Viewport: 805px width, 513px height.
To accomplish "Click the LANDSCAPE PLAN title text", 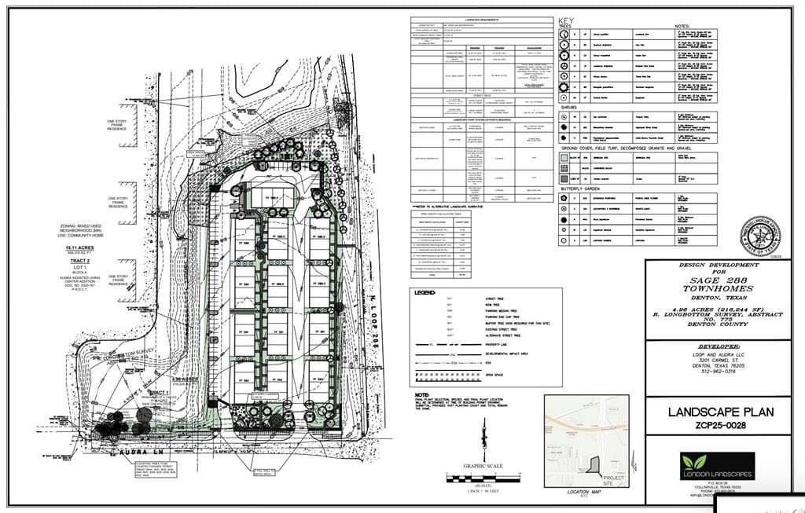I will [x=721, y=412].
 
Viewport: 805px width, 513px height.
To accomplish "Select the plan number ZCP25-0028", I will [x=721, y=426].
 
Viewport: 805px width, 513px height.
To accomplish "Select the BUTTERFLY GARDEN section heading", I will [x=582, y=189].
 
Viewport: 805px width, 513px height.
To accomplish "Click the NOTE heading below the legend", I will [x=423, y=395].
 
